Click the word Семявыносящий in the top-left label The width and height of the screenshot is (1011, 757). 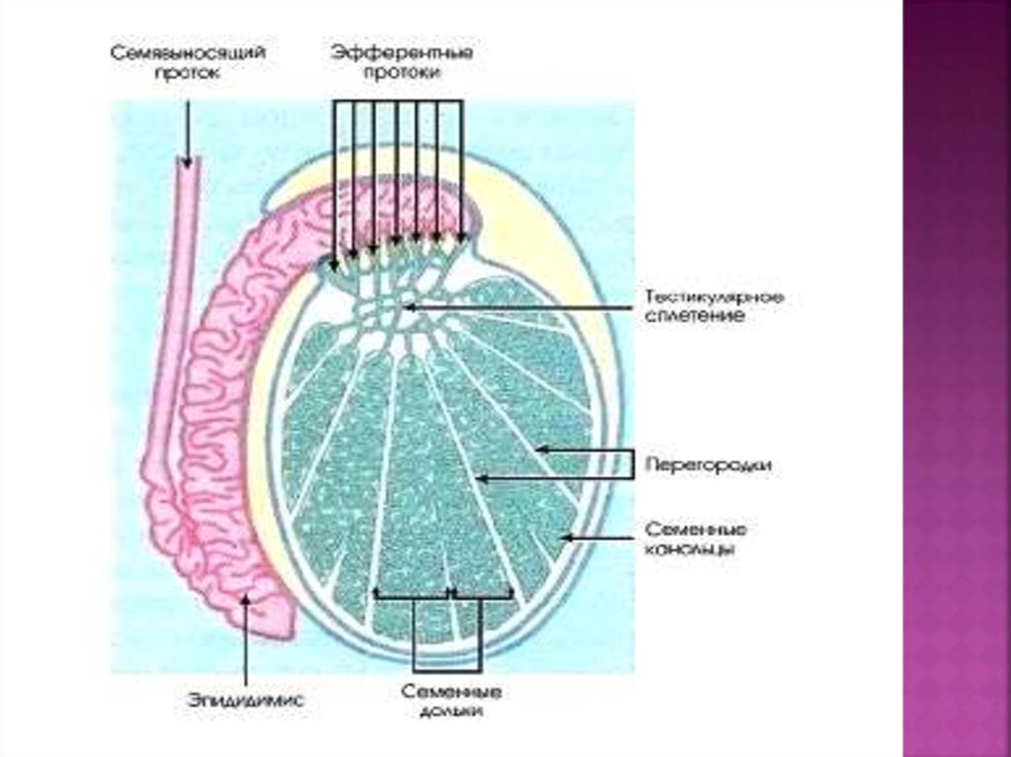(189, 51)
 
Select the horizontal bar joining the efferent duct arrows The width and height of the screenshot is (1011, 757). (397, 102)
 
